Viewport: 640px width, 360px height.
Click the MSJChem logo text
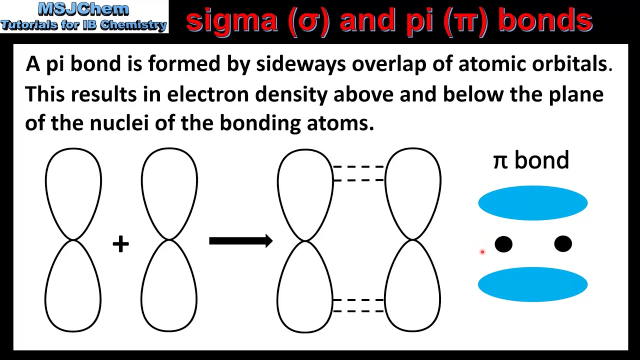[x=83, y=9]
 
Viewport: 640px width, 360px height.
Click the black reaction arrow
[x=240, y=241]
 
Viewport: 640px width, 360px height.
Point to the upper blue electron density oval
[x=532, y=203]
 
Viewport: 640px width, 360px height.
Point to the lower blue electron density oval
[x=532, y=284]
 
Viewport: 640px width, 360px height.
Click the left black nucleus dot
[x=503, y=244]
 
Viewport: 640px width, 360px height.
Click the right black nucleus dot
[x=563, y=244]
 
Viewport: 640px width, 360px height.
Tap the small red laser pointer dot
[x=482, y=252]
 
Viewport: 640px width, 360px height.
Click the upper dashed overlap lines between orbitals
[x=358, y=173]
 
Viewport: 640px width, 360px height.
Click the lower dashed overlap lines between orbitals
[x=358, y=305]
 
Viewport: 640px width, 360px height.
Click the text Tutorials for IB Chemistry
[x=83, y=24]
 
